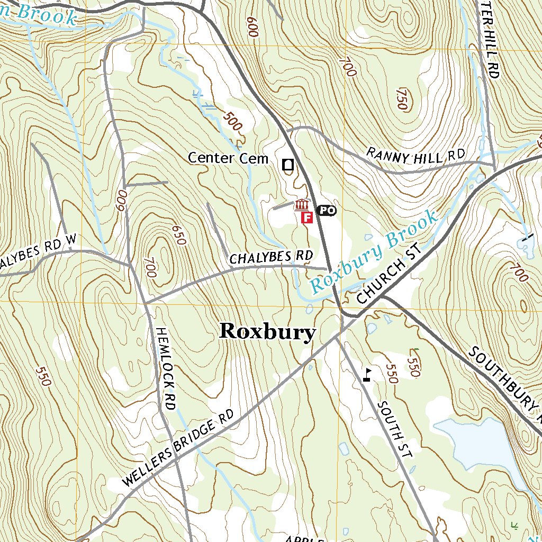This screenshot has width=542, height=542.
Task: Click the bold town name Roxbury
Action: click(267, 332)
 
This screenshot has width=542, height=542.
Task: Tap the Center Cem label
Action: click(228, 158)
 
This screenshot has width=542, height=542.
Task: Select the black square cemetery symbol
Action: click(288, 165)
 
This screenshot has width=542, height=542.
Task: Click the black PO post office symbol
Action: click(326, 211)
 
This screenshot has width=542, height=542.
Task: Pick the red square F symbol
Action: click(306, 217)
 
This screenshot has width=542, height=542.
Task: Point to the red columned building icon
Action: click(302, 204)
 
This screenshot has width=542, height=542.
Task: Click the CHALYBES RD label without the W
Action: click(271, 257)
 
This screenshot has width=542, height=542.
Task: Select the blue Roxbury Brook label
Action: click(374, 252)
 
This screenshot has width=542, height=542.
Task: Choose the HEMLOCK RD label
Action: click(165, 368)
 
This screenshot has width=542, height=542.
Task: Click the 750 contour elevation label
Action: click(401, 98)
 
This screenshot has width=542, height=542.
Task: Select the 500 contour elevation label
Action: click(232, 121)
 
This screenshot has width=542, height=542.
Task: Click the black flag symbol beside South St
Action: click(366, 374)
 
